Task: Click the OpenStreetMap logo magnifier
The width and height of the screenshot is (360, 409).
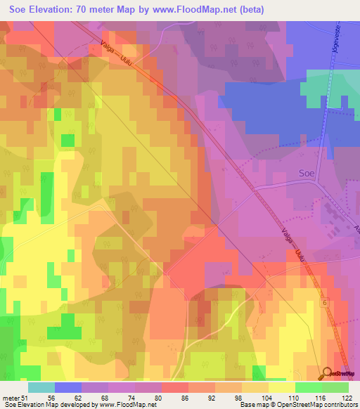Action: [x=328, y=373]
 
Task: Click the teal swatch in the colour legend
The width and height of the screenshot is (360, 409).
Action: [x=41, y=387]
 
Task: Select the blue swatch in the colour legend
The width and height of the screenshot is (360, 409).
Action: [x=68, y=387]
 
